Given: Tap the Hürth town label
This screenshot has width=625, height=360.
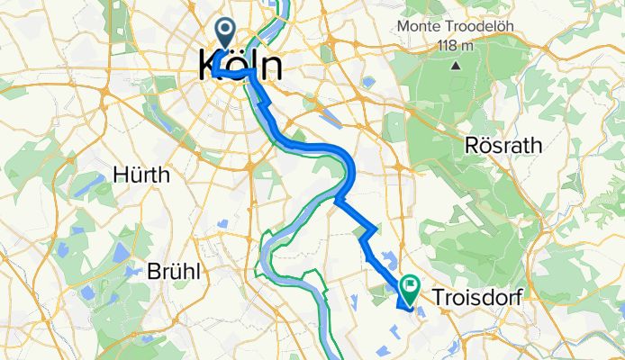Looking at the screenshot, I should (x=141, y=175).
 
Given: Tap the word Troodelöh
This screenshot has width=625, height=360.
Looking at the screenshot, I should (x=484, y=27).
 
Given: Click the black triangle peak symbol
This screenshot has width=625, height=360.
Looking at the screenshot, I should (x=456, y=65).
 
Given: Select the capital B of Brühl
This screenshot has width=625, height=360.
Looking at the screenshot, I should (x=152, y=271).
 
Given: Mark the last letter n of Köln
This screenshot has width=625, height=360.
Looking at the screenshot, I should (x=269, y=67).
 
